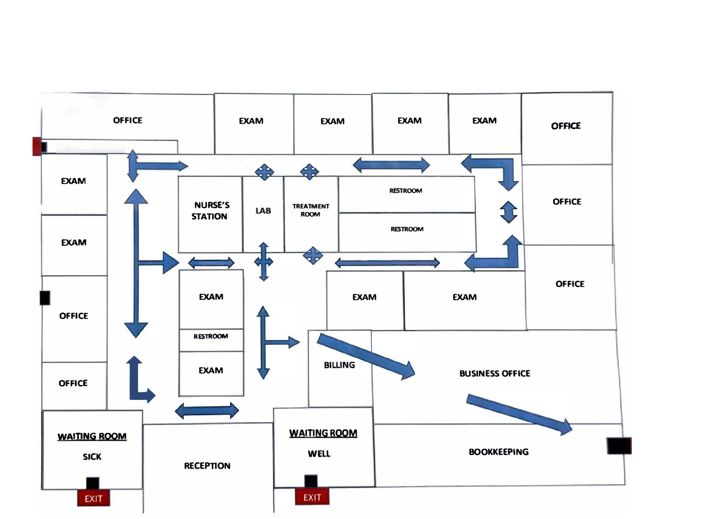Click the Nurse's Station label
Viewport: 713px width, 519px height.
[x=210, y=211]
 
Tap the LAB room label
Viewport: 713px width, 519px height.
[x=263, y=211]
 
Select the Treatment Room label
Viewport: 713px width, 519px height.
[x=311, y=210]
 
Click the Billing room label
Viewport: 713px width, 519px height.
[x=339, y=365]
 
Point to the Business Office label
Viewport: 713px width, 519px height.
[x=494, y=373]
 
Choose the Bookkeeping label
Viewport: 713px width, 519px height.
[x=498, y=452]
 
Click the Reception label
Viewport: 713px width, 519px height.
[x=207, y=466]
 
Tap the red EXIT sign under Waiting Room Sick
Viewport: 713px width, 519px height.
[x=93, y=498]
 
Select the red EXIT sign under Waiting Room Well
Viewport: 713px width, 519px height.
[x=312, y=497]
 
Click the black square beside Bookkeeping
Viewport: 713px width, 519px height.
[x=619, y=446]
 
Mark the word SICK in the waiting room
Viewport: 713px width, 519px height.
[x=92, y=457]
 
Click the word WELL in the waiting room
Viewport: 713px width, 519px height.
[x=319, y=454]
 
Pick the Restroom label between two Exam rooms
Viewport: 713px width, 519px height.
[x=211, y=336]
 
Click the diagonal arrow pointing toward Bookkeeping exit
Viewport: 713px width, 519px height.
[x=519, y=414]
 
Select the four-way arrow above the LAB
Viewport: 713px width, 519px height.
[x=264, y=172]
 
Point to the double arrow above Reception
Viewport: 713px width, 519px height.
[x=207, y=411]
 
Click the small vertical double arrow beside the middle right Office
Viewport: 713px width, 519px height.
[x=508, y=212]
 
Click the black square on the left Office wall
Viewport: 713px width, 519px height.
[x=45, y=298]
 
